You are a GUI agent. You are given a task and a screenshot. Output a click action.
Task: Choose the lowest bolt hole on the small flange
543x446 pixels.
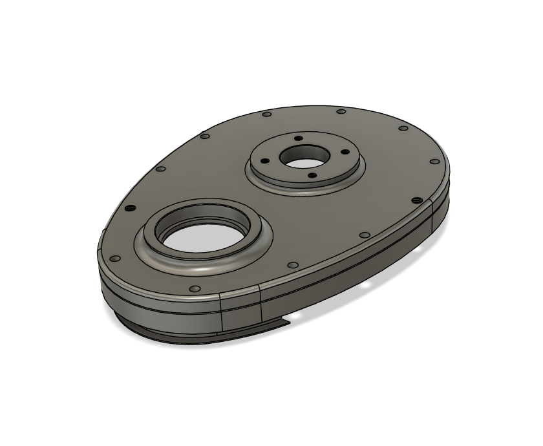(x=313, y=175)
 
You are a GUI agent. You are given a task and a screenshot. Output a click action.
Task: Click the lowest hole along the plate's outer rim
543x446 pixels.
(x=193, y=289)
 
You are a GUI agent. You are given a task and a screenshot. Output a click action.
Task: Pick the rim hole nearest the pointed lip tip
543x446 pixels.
(x=292, y=265)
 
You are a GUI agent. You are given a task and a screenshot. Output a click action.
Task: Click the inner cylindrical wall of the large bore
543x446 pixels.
(x=202, y=218)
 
